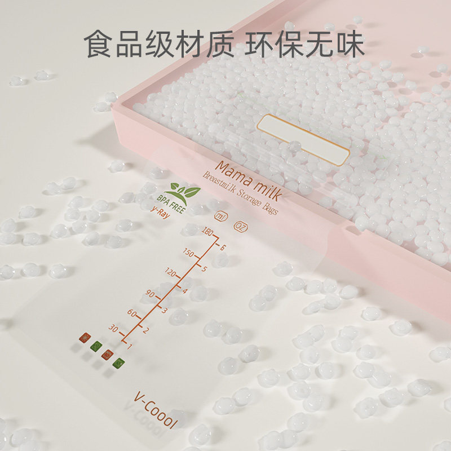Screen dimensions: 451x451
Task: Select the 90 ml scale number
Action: click(151, 293)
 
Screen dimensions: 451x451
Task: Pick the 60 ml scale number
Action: click(133, 312)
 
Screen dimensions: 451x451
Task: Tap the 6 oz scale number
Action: click(224, 247)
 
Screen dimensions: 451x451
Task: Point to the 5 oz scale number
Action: click(204, 268)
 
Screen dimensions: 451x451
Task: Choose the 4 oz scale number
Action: click(185, 290)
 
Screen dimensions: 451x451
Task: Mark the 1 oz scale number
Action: click(130, 346)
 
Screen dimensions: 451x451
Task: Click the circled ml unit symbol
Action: click(219, 215)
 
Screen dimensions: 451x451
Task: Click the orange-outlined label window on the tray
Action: click(303, 139)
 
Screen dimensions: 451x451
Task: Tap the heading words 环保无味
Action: click(304, 45)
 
